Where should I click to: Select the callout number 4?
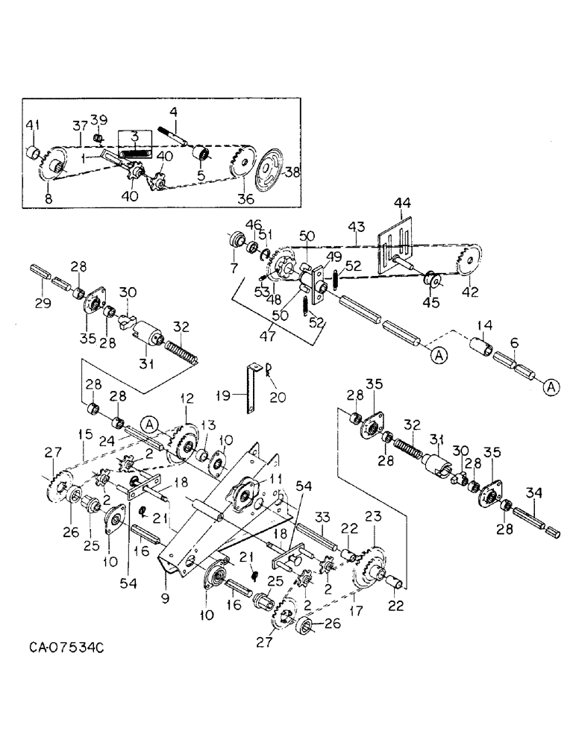pyautogui.click(x=173, y=113)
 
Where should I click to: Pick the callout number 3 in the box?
pyautogui.click(x=134, y=137)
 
